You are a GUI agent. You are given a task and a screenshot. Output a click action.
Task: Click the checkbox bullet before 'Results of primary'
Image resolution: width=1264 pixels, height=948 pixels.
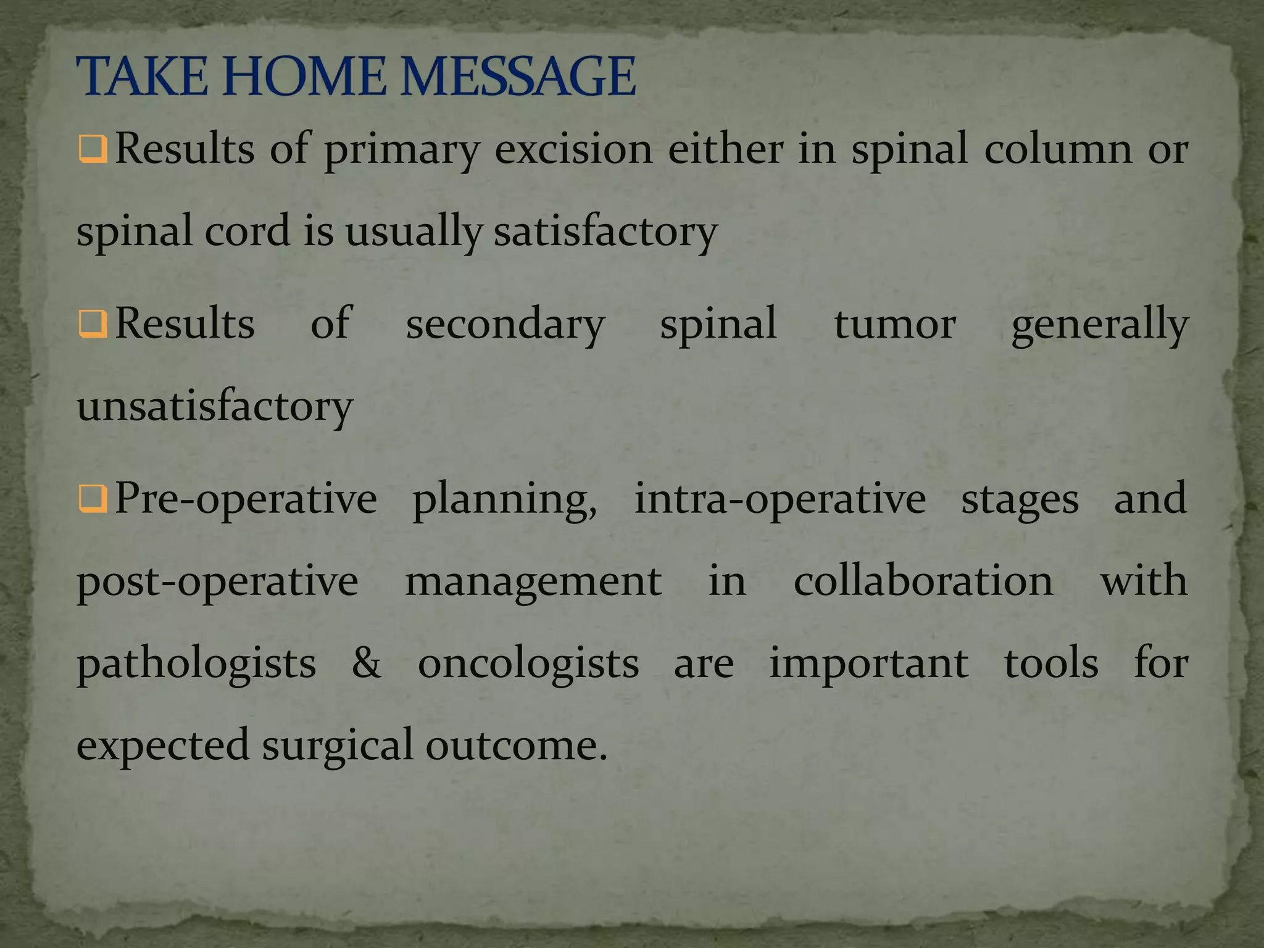[x=93, y=149]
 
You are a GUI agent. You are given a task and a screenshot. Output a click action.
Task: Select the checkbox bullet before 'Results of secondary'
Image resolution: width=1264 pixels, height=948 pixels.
[x=93, y=324]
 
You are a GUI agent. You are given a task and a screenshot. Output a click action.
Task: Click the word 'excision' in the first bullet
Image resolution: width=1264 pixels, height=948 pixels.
[x=573, y=149]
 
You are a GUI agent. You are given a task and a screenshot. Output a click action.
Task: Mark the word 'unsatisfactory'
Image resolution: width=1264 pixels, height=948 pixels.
[x=215, y=406]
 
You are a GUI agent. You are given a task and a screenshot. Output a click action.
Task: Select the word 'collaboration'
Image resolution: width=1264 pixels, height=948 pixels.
[x=923, y=581]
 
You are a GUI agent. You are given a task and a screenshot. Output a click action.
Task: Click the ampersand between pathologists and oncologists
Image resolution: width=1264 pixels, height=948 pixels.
[x=367, y=663]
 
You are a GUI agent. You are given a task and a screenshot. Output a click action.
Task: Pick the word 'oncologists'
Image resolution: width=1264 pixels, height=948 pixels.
[x=528, y=664]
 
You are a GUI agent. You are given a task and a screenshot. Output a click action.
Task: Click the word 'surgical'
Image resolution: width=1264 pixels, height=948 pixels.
[x=337, y=746]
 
